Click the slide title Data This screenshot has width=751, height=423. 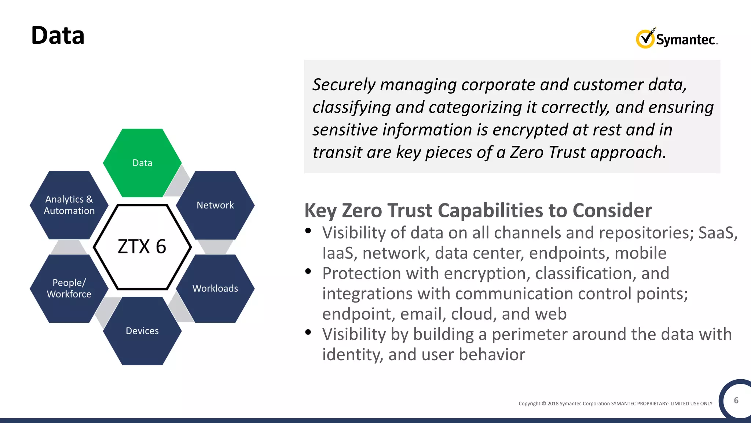click(x=58, y=36)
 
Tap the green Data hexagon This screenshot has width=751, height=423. click(x=142, y=163)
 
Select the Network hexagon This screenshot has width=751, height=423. click(x=215, y=205)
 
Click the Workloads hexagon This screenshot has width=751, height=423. click(x=215, y=288)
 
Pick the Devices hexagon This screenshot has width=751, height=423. click(x=142, y=331)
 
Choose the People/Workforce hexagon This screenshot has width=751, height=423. click(x=69, y=288)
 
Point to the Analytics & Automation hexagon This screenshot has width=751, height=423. click(x=69, y=205)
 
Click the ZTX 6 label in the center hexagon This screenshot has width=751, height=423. click(x=142, y=246)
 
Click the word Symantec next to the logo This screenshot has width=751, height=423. click(x=685, y=39)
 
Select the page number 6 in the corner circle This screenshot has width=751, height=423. click(x=736, y=400)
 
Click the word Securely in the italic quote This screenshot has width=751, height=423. click(x=344, y=85)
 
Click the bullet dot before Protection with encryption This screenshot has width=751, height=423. click(x=308, y=271)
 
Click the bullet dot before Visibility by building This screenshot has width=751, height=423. click(x=308, y=332)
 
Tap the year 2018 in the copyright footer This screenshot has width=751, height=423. click(x=553, y=404)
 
